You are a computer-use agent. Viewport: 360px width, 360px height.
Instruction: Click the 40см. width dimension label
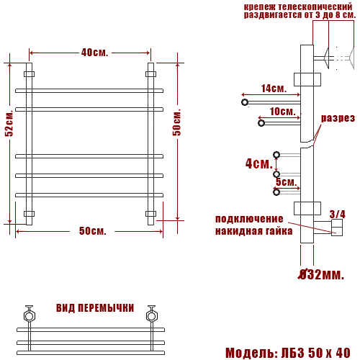click(x=94, y=53)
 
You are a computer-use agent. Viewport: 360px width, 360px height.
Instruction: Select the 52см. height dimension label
click(x=9, y=123)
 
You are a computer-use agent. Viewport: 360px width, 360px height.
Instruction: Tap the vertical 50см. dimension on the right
click(x=176, y=122)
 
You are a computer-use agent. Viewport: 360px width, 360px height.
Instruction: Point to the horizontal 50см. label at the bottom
click(x=93, y=231)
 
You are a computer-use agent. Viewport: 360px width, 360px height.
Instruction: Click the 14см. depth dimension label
click(x=274, y=89)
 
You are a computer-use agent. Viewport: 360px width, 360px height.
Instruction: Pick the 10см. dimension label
click(x=282, y=112)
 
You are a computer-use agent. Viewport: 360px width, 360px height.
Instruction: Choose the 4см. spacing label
click(x=259, y=163)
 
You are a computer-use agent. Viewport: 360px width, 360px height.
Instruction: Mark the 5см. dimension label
click(x=287, y=182)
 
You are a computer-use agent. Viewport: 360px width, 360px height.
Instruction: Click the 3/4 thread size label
click(x=338, y=215)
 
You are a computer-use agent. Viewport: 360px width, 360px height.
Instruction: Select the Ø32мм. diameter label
click(x=321, y=274)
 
